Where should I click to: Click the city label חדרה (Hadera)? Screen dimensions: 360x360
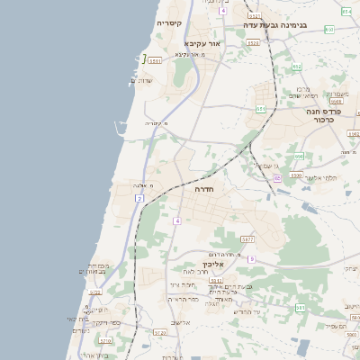202,190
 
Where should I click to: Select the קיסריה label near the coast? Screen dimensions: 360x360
168,22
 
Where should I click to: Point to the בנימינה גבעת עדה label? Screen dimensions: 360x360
275,25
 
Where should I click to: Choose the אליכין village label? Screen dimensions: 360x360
212,265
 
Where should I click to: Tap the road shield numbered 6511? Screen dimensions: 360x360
155,60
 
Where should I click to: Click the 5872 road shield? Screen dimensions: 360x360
248,239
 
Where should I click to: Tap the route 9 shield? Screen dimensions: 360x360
252,258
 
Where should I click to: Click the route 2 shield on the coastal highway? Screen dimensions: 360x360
139,198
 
